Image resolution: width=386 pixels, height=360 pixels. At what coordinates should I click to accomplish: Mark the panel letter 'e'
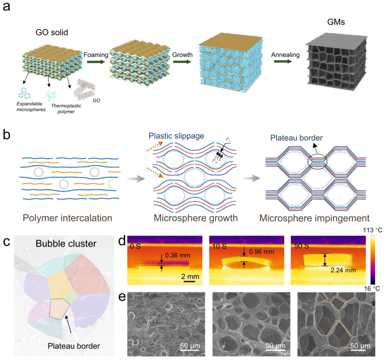coord(121,299)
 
